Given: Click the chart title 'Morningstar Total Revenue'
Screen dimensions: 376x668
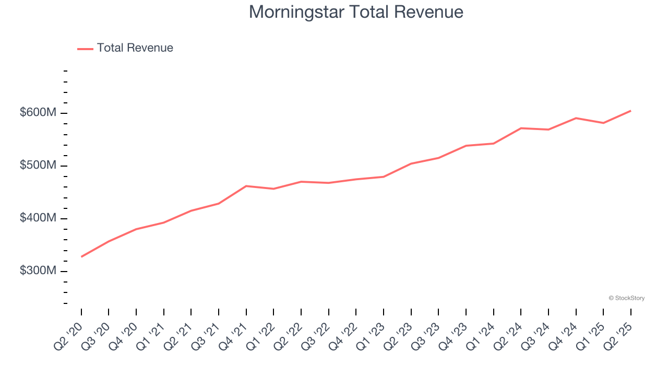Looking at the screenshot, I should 356,11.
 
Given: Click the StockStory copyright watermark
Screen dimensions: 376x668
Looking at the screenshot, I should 626,298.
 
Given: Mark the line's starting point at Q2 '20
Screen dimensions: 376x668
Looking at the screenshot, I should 81,256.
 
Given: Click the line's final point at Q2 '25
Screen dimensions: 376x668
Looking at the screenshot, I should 630,111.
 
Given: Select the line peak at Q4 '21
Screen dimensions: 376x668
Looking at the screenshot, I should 246,186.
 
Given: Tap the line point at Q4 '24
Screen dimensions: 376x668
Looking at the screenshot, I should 576,118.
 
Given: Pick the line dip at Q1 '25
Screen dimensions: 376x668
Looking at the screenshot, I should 603,123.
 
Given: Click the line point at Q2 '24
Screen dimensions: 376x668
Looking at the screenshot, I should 521,128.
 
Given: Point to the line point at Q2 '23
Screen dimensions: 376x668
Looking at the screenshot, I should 411,163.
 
